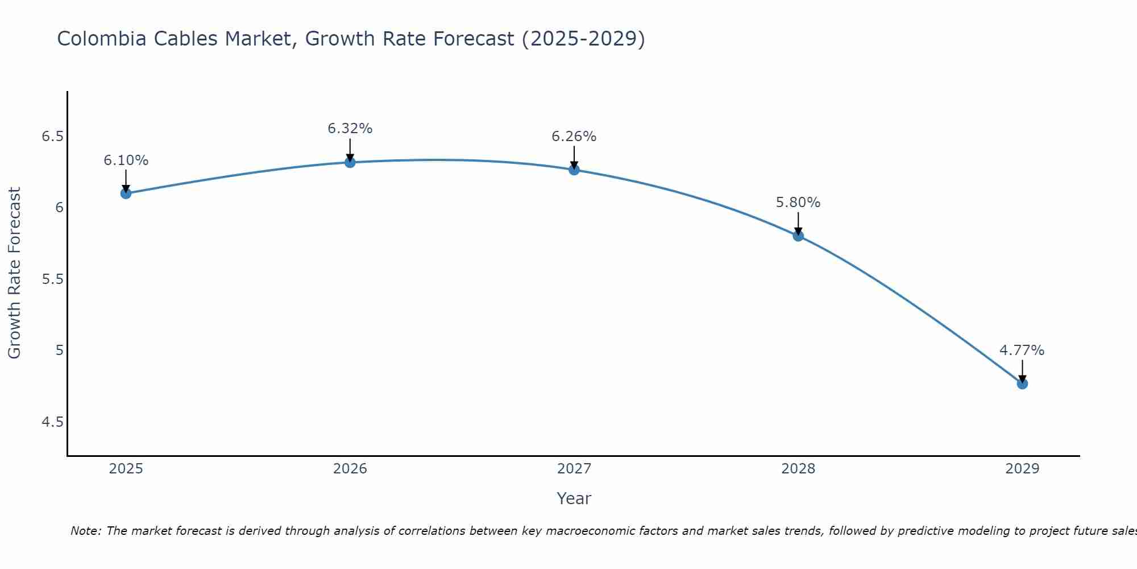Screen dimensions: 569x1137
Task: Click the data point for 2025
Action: tap(126, 193)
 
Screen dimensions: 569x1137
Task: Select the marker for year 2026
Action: tap(350, 162)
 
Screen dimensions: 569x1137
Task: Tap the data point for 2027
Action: tap(574, 170)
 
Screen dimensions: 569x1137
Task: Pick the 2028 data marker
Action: tap(798, 236)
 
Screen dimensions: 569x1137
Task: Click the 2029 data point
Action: tap(1022, 384)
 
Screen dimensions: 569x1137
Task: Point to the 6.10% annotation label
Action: tap(126, 160)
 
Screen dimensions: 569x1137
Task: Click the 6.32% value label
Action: tap(350, 129)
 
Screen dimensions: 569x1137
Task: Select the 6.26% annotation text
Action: tap(574, 137)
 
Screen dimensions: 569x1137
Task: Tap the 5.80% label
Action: tap(798, 203)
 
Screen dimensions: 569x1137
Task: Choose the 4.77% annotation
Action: tap(1022, 351)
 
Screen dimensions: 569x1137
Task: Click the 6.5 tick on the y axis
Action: tap(52, 137)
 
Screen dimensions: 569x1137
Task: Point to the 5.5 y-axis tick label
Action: tap(52, 279)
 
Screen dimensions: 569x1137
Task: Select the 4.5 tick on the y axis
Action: tap(52, 422)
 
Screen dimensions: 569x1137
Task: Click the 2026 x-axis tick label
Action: tap(350, 469)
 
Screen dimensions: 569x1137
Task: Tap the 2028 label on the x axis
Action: tap(798, 469)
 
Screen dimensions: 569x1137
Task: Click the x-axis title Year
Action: tap(574, 498)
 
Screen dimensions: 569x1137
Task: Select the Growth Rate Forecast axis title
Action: tap(15, 273)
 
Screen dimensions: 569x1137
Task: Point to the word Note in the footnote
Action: tap(85, 531)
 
